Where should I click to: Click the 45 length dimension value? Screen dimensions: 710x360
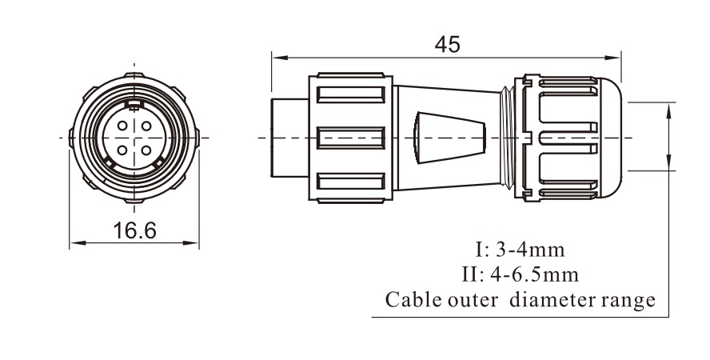click(x=447, y=44)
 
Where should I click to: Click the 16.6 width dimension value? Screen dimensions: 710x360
click(x=134, y=230)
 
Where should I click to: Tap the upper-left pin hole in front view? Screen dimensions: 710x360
click(x=122, y=126)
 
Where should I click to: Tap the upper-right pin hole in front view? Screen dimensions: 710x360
click(x=146, y=126)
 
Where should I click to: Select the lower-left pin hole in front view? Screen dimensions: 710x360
click(x=122, y=150)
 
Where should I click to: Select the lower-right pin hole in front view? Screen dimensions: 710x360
click(x=146, y=150)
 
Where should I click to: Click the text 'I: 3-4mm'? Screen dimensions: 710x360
click(x=520, y=250)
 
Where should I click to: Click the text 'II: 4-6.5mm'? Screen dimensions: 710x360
click(x=521, y=274)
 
